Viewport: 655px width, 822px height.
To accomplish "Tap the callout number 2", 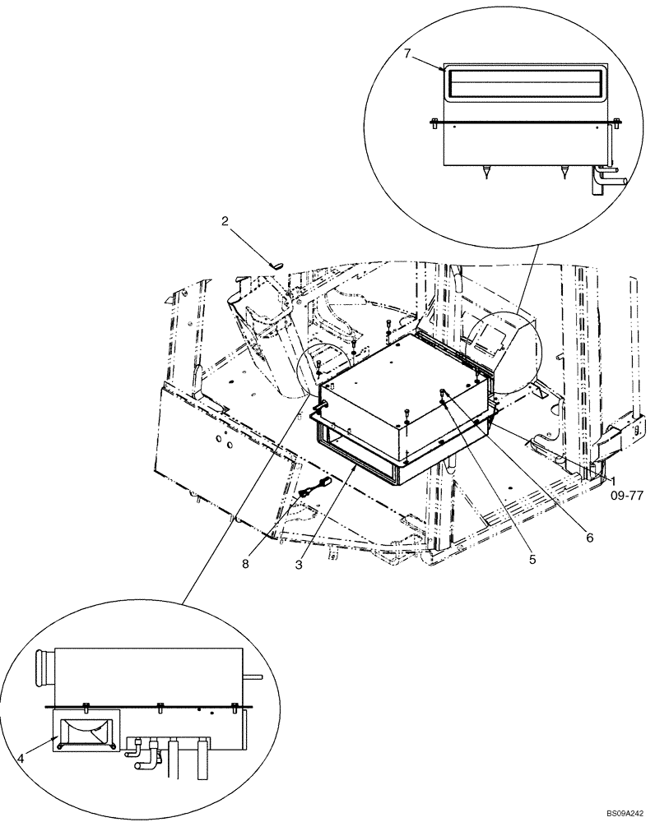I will click(225, 221).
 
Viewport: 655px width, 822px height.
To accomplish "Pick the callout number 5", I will click(532, 560).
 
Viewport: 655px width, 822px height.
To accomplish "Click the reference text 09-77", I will click(627, 496).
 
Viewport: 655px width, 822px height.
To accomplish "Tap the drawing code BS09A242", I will click(628, 814).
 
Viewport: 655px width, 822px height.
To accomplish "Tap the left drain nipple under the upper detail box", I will click(485, 173).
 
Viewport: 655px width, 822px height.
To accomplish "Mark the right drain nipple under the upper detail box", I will click(564, 173).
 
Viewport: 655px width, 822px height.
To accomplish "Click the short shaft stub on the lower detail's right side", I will click(255, 677).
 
